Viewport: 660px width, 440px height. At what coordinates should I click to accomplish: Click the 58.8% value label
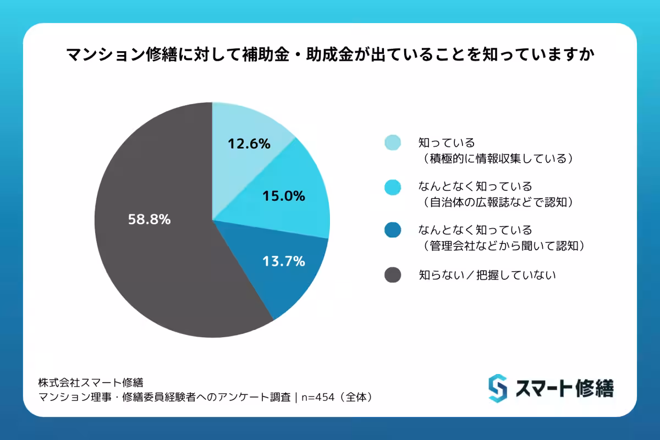[x=149, y=219]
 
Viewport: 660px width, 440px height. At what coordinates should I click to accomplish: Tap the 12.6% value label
[x=249, y=144]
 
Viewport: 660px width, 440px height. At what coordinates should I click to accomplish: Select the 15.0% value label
[x=284, y=196]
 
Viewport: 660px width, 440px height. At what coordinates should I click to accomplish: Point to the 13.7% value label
[x=283, y=262]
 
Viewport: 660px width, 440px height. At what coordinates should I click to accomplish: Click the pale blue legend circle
[x=392, y=142]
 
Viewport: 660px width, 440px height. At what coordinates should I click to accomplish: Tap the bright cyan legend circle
[x=392, y=186]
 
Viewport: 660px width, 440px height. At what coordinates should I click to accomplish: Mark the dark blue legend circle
[x=392, y=230]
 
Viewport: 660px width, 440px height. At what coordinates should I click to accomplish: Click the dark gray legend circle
[x=392, y=274]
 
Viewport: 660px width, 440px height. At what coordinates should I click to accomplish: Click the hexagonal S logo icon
[x=497, y=388]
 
